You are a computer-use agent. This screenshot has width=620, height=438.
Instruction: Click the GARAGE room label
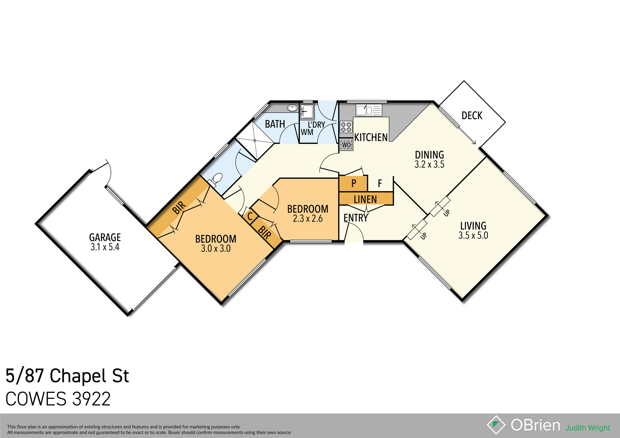(105, 238)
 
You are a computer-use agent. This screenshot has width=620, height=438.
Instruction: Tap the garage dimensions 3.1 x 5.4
(105, 247)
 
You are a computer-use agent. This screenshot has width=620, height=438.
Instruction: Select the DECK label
(472, 116)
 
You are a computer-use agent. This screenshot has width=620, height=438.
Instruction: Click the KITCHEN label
(371, 137)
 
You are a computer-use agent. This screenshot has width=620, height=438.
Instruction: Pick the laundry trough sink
(307, 111)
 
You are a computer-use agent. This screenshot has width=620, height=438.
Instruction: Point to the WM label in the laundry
(307, 132)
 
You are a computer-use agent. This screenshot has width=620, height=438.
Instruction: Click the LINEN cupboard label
(365, 199)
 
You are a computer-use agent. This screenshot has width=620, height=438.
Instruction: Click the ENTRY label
(355, 218)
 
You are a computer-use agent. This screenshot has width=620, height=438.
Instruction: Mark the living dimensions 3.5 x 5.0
(473, 235)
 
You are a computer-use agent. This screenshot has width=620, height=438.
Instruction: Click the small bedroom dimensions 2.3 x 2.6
(308, 218)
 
